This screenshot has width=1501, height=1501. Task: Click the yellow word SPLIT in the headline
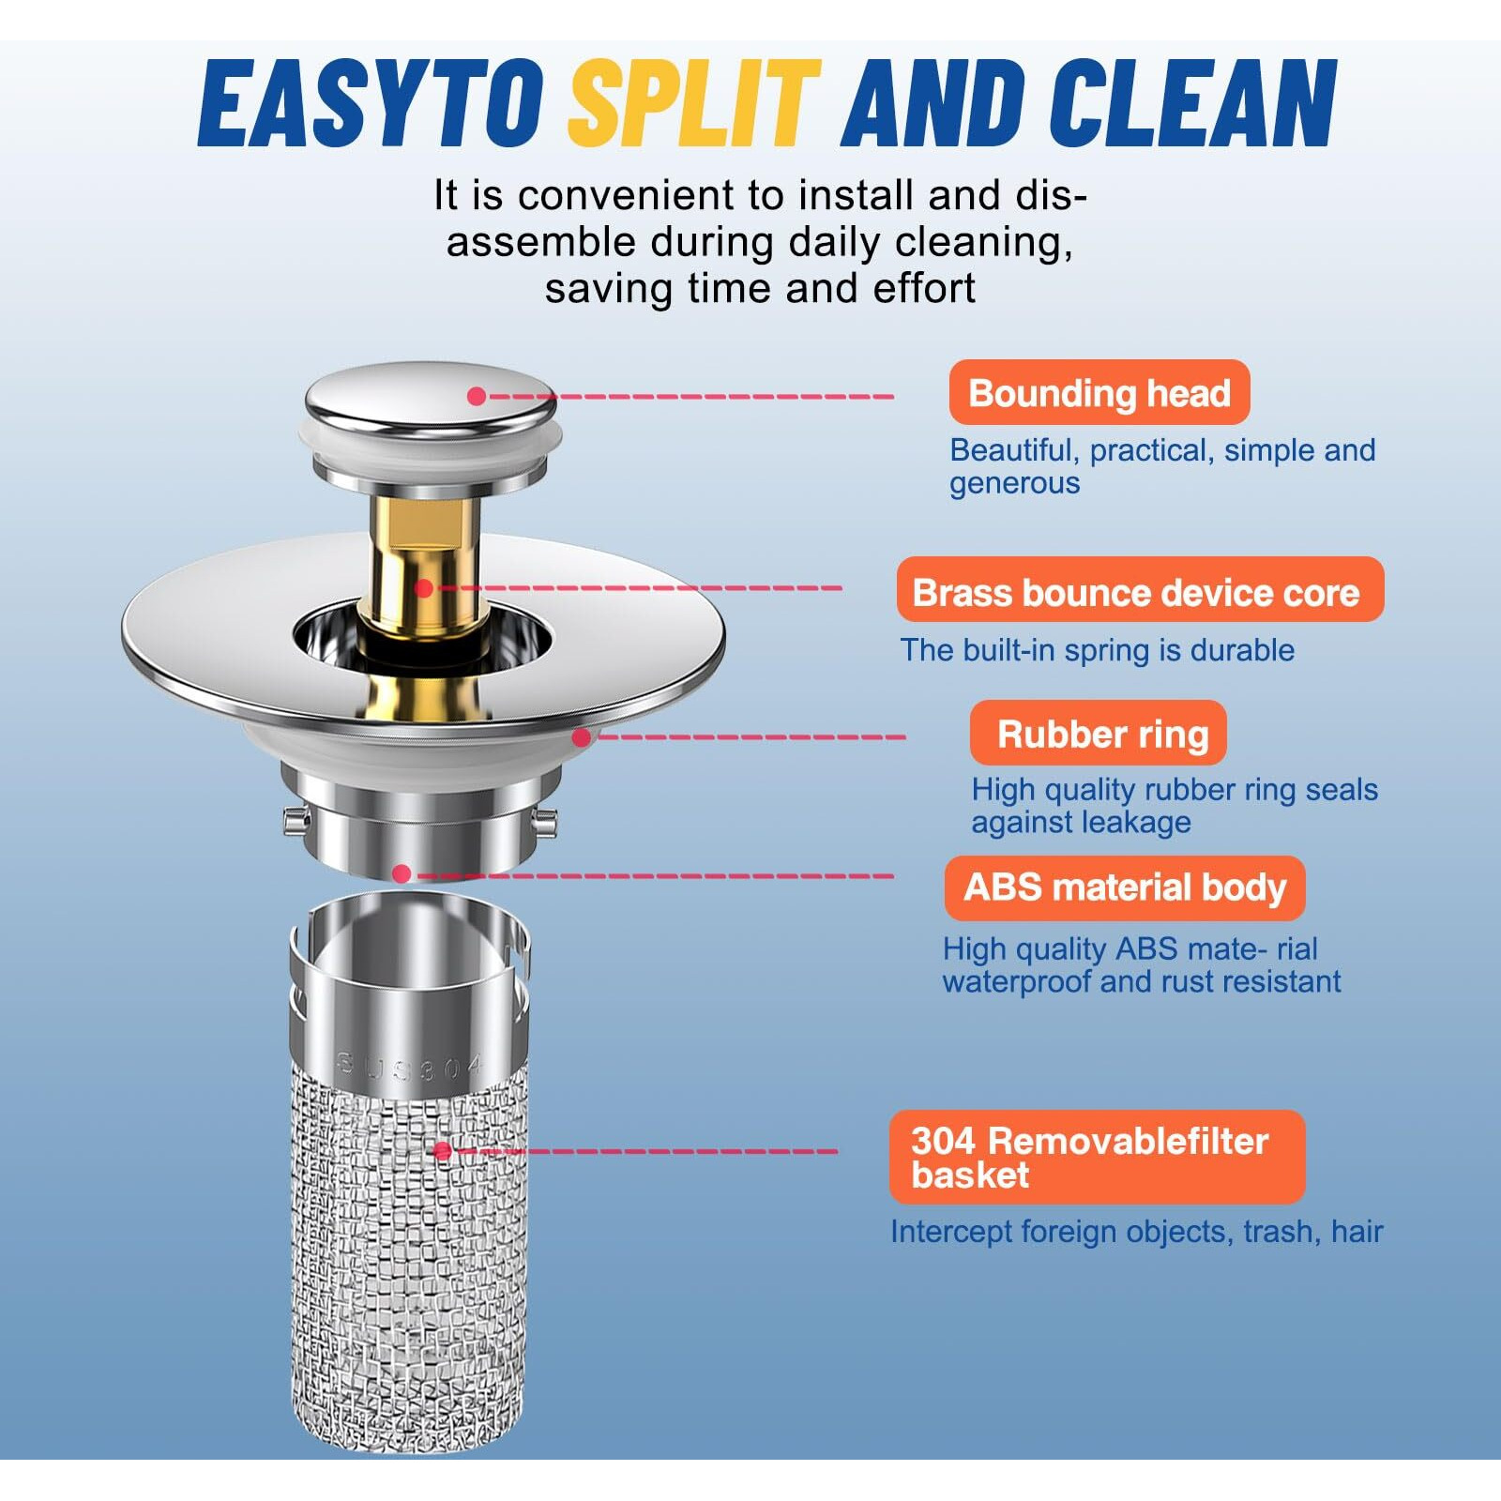694,102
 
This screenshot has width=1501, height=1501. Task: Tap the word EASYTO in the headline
371,102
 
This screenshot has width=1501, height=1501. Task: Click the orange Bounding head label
1099,393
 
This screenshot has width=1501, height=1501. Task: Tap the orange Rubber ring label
1099,733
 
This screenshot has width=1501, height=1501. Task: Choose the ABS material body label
1125,887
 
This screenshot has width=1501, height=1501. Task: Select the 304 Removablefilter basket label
1097,1157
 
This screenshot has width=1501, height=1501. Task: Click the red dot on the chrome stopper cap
477,397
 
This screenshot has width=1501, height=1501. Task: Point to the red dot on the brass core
424,588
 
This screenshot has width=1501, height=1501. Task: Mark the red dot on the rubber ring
582,737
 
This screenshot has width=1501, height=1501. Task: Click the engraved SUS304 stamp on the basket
410,1067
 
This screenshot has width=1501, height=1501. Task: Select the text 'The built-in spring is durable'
1098,650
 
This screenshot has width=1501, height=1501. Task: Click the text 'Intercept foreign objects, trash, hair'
1137,1232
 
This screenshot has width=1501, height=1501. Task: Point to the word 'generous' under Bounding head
1015,484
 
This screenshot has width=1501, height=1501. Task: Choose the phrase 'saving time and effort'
761,288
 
